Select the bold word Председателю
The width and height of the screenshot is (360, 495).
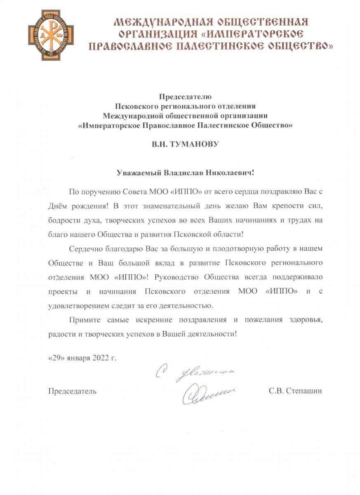coord(185,97)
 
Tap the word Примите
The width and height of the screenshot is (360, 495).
coord(82,320)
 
